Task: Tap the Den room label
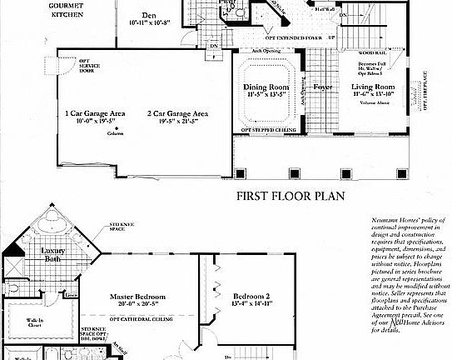tap(149, 14)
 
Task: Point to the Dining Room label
tap(265, 87)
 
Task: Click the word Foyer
tap(322, 87)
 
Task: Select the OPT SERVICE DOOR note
tap(88, 67)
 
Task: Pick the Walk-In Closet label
tap(36, 322)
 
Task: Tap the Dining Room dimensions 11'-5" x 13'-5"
tap(265, 94)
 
